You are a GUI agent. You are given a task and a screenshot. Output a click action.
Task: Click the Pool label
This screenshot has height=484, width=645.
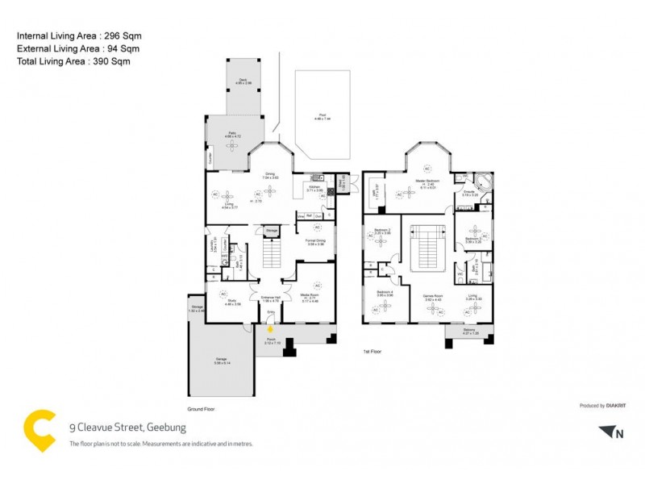click(322, 117)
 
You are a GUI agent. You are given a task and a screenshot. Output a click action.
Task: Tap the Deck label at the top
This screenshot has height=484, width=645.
click(243, 81)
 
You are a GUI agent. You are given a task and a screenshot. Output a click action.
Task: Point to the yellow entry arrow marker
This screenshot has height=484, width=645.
click(271, 328)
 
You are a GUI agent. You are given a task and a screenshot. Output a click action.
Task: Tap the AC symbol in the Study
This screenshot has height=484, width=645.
click(223, 294)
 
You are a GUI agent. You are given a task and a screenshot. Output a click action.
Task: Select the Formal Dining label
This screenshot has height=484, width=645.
click(314, 241)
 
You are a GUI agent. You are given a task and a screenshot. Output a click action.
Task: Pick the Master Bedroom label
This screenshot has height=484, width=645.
click(426, 182)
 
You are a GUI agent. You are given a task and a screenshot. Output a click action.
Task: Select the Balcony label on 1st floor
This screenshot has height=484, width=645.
click(469, 330)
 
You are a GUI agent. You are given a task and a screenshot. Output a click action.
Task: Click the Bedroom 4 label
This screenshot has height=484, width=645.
click(385, 293)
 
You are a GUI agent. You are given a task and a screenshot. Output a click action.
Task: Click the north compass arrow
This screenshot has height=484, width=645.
click(609, 433)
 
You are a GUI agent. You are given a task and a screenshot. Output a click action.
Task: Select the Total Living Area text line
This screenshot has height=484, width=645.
click(73, 60)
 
